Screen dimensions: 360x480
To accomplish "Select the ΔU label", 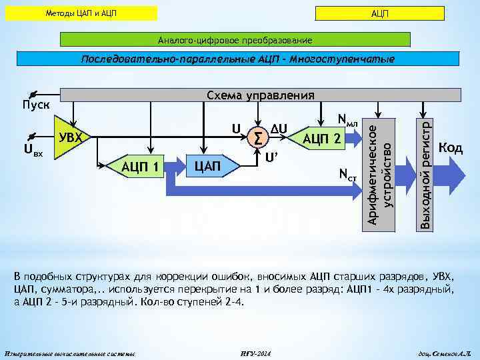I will click(x=279, y=125).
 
